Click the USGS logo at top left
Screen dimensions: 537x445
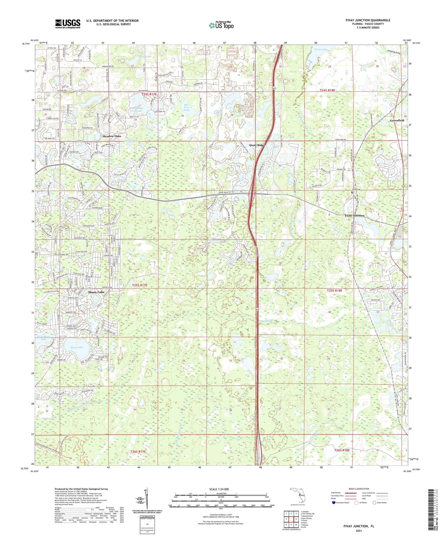68,24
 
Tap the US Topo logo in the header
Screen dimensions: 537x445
221,25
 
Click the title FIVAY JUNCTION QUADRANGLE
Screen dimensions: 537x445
368,20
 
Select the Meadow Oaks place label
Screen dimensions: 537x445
112,136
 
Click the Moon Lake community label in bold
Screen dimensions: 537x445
96,292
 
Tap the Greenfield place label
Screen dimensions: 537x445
397,121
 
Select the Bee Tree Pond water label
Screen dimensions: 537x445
186,107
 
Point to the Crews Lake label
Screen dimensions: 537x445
322,49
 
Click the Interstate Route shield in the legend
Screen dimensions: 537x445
334,503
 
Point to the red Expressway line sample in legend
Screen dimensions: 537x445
351,493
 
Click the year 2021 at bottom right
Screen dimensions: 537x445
359,531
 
